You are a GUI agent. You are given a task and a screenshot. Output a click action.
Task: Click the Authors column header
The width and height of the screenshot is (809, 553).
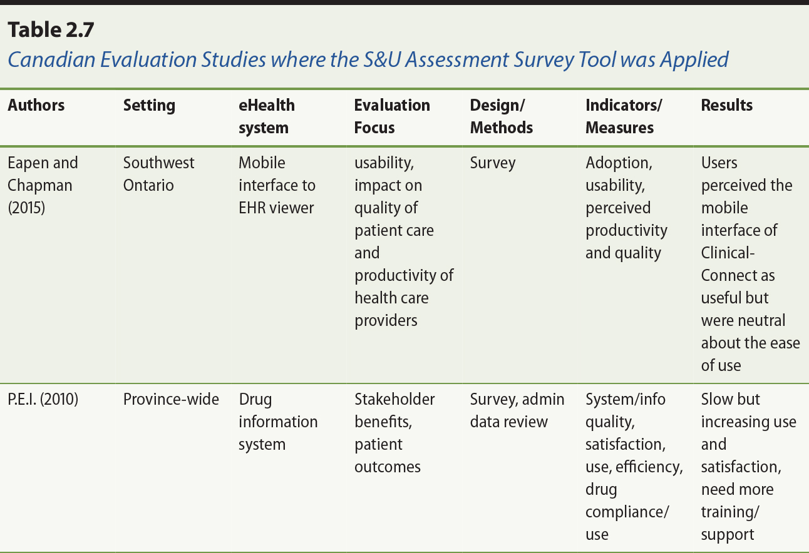point(36,105)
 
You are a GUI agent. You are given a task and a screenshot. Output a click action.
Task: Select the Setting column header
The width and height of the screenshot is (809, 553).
point(149,105)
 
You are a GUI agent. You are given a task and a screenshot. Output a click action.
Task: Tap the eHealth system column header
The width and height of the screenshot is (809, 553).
point(267,116)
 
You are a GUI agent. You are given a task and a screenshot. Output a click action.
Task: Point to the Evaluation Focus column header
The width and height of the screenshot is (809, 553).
point(392,116)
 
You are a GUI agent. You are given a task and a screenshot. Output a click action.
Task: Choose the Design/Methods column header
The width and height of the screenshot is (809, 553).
point(502,116)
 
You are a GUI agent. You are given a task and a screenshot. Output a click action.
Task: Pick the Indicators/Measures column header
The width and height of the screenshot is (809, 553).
point(624,116)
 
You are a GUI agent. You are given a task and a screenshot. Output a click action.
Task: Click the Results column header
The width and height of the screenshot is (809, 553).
point(727,105)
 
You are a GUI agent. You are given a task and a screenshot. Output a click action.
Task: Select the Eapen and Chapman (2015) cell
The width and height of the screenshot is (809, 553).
point(43,185)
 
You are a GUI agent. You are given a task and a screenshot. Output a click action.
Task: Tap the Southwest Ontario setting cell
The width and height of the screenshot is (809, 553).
point(158,174)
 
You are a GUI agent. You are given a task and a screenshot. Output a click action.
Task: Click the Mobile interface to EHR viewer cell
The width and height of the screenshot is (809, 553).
point(277,185)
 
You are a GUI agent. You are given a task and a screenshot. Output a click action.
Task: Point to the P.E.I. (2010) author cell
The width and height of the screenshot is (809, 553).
point(43,399)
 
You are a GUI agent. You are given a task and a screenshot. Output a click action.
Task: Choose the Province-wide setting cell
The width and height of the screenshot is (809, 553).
point(171,399)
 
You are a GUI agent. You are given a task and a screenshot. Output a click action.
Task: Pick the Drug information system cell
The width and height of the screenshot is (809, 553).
point(278,422)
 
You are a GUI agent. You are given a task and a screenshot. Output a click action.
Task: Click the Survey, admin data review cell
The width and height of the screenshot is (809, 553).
point(517,410)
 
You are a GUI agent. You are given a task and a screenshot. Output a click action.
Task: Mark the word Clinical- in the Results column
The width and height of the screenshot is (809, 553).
point(728,253)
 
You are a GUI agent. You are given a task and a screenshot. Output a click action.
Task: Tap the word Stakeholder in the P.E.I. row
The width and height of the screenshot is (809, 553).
point(394,399)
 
